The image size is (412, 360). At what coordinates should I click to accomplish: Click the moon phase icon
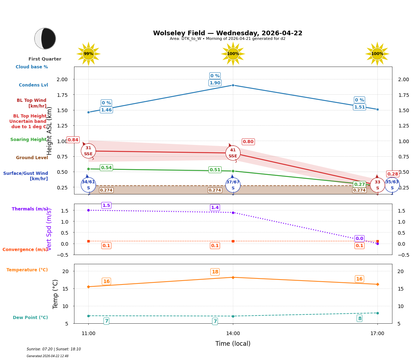45,38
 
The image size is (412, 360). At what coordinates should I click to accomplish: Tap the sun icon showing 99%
88,54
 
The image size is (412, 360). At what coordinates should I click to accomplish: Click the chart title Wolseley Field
228,33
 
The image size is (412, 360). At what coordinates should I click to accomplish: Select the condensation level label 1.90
215,83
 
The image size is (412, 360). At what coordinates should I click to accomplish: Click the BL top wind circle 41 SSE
233,153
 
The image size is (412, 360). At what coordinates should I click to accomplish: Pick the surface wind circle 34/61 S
88,185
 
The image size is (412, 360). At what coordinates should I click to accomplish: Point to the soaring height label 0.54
106,168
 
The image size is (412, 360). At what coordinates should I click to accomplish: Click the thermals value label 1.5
106,205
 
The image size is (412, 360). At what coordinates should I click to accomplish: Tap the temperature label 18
215,272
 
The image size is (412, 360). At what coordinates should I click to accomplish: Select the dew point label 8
359,318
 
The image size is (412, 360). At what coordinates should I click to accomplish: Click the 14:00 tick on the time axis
233,333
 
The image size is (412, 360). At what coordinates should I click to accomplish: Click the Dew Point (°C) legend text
30,318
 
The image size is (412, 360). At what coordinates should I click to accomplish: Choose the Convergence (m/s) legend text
25,250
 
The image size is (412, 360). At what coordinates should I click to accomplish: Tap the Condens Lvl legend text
33,85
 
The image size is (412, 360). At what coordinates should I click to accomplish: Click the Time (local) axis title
233,344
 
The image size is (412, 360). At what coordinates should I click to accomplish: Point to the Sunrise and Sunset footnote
54,349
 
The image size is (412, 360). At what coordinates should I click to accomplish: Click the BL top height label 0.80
248,142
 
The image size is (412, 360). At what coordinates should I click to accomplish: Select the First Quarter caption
45,59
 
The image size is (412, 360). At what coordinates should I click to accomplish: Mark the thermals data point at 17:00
377,244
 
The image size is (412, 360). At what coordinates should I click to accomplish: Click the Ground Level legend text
32,158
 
